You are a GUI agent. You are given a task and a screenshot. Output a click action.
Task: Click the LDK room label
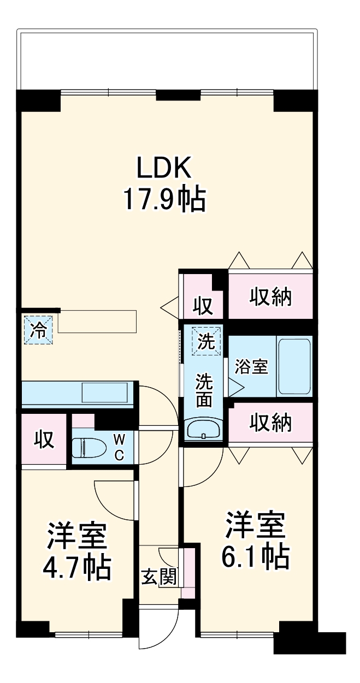(164, 168)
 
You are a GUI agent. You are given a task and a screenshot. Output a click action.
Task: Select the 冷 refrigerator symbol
(38, 330)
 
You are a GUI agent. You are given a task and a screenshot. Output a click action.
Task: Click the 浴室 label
(251, 367)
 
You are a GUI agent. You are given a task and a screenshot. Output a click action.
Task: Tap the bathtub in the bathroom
(294, 367)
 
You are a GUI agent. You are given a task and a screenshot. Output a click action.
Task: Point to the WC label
(119, 447)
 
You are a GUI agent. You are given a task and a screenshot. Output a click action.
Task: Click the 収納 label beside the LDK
(271, 298)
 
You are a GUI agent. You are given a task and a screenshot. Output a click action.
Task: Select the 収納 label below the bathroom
(271, 422)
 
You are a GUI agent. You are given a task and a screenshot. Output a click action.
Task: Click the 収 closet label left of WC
(44, 439)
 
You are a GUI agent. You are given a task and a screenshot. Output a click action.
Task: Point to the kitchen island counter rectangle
(97, 321)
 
